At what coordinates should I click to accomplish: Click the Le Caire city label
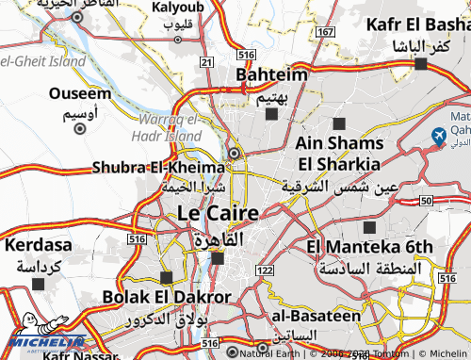point(218,214)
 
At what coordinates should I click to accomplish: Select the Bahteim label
point(271,74)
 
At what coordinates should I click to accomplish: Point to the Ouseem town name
point(79,94)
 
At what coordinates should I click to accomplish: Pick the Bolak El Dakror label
point(167,298)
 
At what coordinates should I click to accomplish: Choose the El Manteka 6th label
point(369,247)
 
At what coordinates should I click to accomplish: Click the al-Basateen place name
point(316,316)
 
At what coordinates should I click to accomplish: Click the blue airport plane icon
point(437,138)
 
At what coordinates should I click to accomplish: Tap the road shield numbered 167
point(326,32)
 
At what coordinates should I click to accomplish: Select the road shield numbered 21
point(206,61)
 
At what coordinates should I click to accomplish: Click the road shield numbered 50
point(426,201)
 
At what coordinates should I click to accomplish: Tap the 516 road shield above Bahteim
point(244,56)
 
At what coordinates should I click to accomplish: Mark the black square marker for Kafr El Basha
point(420,64)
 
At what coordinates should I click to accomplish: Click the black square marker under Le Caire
point(218,257)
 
